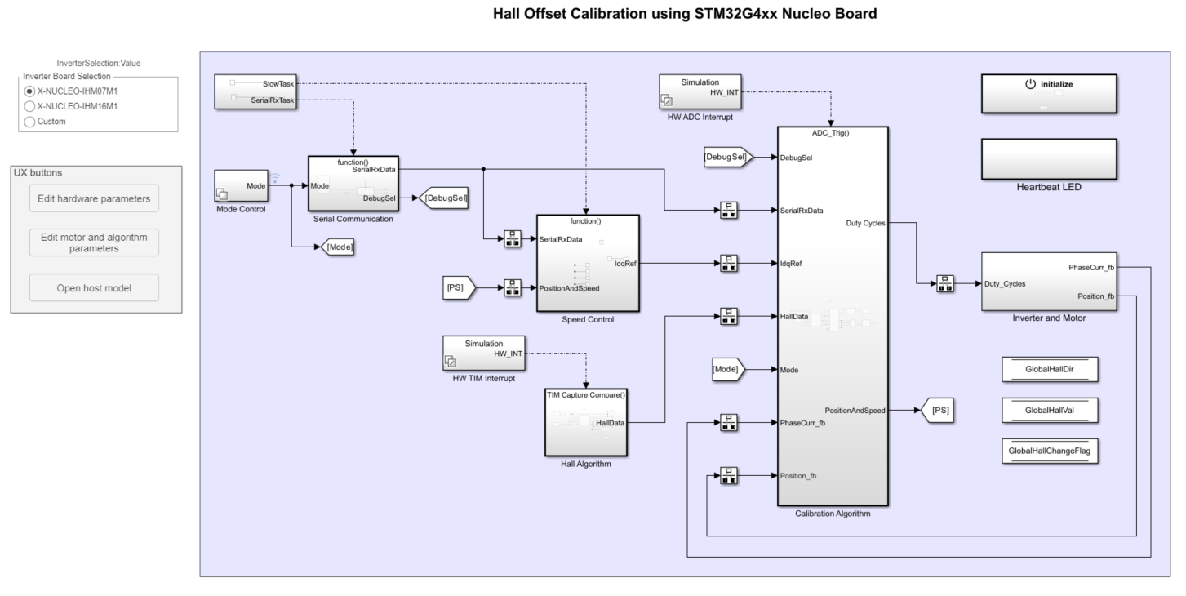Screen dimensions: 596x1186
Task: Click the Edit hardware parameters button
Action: click(x=94, y=198)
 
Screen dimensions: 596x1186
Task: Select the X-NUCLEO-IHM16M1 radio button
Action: click(x=30, y=106)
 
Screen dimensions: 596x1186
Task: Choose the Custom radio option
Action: click(x=30, y=122)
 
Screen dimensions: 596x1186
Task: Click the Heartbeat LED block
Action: click(x=1048, y=159)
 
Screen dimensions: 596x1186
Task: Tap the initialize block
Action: click(x=1048, y=94)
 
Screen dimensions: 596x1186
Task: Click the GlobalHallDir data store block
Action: click(x=1049, y=370)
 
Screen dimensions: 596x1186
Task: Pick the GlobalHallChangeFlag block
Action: click(x=1049, y=451)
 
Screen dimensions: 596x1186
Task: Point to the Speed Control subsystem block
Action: click(x=587, y=263)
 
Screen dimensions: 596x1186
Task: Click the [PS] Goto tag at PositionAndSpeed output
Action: click(x=939, y=411)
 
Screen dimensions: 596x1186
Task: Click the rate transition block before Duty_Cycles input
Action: click(x=945, y=284)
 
